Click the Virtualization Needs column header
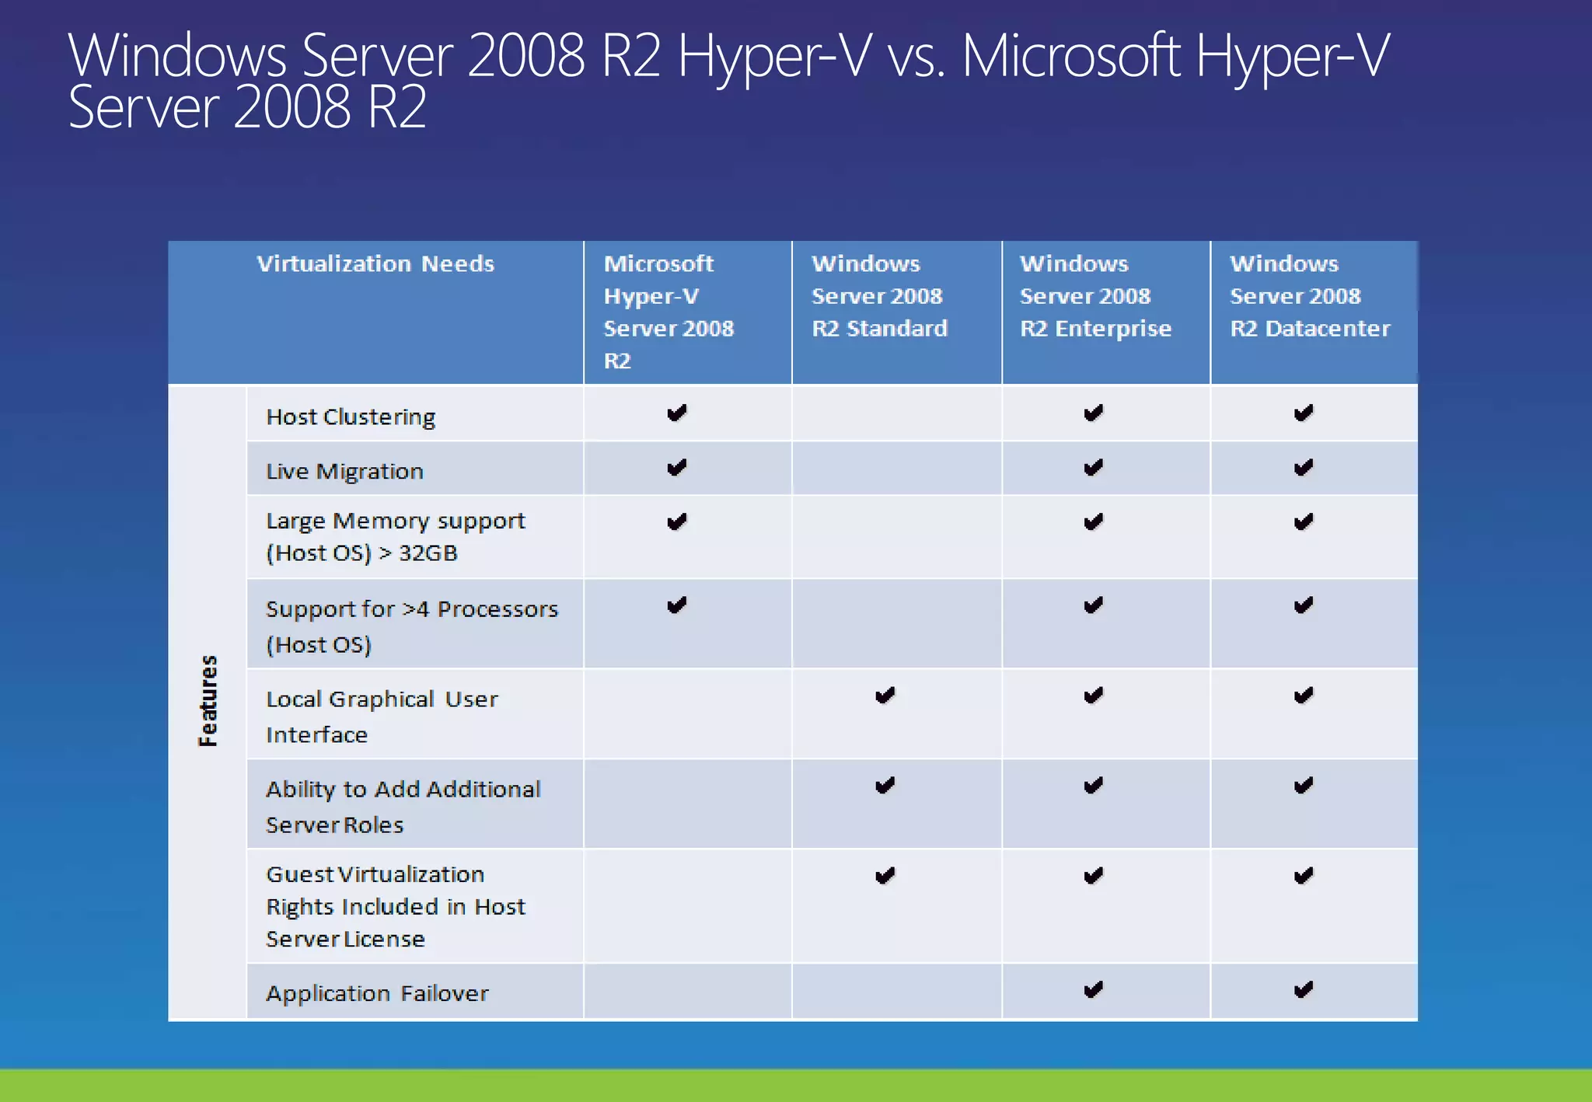pos(375,264)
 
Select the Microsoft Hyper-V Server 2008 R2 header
pos(669,312)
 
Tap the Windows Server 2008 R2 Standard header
pos(879,296)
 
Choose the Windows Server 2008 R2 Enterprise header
pos(1094,296)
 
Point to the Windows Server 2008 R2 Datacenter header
pos(1309,296)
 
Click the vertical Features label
pos(208,701)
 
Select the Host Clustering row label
pos(351,417)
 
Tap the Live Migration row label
pos(344,472)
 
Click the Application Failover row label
pos(377,993)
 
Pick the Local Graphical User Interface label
pos(382,716)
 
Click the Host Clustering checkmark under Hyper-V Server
pos(677,413)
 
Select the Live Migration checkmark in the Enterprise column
pos(1094,468)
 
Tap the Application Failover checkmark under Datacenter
pos(1304,990)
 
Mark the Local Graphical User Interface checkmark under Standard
pos(885,696)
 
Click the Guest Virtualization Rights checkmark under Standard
pos(885,876)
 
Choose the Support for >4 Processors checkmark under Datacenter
pos(1304,605)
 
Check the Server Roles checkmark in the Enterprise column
pos(1094,786)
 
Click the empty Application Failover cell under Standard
pos(897,992)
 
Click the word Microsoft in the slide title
pos(1071,56)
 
